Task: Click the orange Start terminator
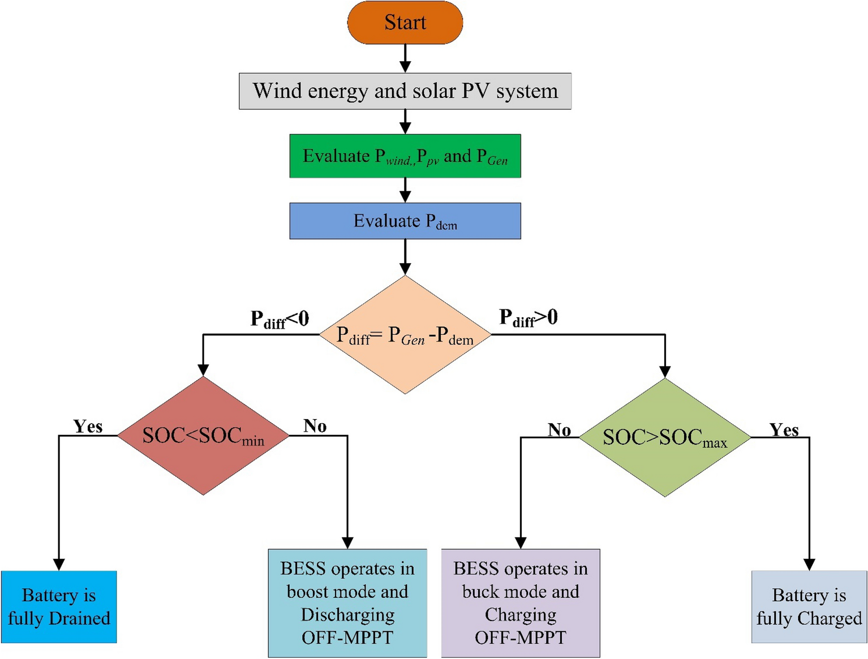coord(405,23)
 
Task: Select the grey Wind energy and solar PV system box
coord(405,91)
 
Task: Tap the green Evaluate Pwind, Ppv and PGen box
coord(405,156)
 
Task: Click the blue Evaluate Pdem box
coord(405,221)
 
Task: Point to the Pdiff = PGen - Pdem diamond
coord(405,335)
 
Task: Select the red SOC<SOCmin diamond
coord(203,436)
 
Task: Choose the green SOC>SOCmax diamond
coord(665,438)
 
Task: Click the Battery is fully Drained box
coord(59,607)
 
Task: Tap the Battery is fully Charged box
coord(809,607)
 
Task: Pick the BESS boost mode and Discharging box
coord(347,603)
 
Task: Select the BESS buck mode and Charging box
coord(520,603)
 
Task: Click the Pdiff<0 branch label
coord(280,320)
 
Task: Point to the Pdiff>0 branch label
coord(528,318)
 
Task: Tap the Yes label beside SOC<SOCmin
coord(88,426)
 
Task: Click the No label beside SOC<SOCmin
coord(315,425)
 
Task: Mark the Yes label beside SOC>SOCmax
coord(784,430)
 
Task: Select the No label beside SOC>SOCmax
coord(559,430)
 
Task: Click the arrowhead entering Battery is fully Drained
coord(59,565)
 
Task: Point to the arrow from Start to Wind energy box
coord(405,58)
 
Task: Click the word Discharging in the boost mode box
coord(347,615)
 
